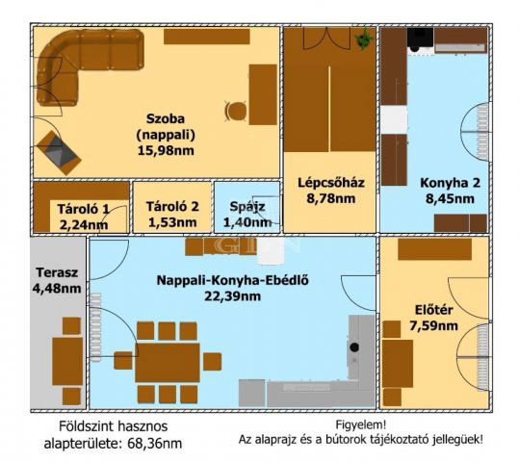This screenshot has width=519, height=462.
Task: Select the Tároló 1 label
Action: tap(81, 208)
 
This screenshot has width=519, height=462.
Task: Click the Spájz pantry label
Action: tap(247, 206)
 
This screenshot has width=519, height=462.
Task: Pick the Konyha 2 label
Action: tap(446, 182)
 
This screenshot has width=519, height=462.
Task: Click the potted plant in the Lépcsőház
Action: tap(363, 39)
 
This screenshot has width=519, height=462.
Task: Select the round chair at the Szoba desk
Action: tap(235, 111)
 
